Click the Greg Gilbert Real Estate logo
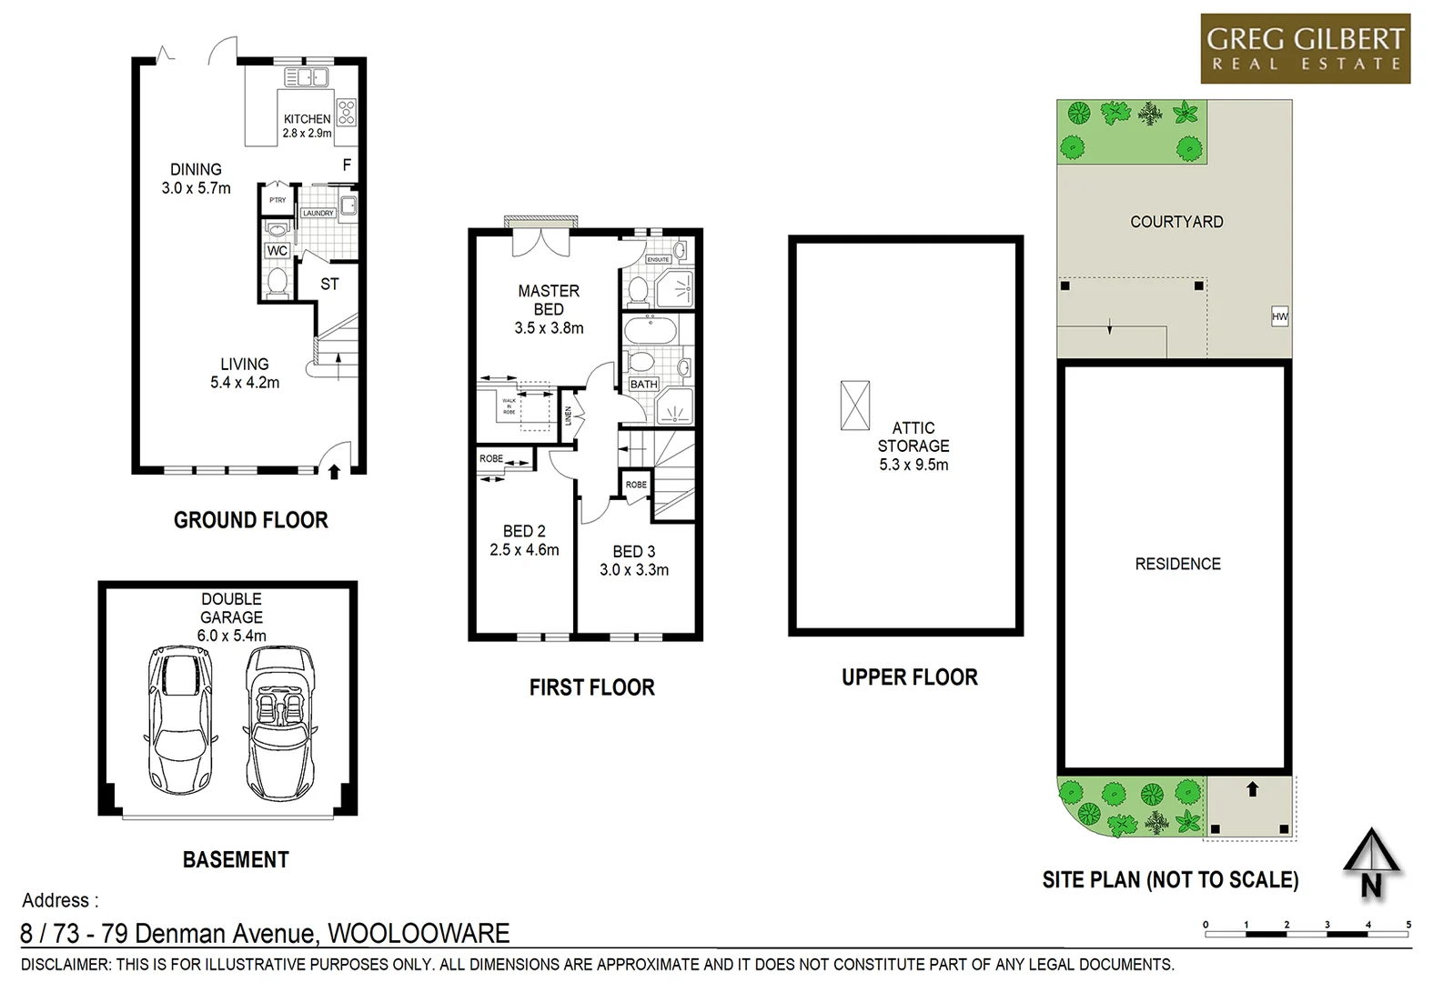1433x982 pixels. [x=1305, y=49]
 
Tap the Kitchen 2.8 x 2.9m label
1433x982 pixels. [x=307, y=125]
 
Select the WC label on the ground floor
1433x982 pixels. [x=278, y=251]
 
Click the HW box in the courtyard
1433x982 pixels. [x=1279, y=316]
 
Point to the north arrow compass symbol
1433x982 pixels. [x=1371, y=865]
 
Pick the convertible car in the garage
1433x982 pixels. [x=279, y=720]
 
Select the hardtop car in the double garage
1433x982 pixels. [x=182, y=720]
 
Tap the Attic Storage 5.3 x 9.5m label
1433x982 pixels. [x=913, y=446]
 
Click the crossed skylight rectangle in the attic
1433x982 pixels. [x=854, y=406]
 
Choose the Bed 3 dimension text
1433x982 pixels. [x=634, y=570]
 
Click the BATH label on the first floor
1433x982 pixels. [x=643, y=385]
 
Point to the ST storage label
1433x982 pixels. [x=329, y=285]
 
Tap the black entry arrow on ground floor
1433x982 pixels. [x=334, y=471]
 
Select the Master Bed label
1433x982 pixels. [x=549, y=300]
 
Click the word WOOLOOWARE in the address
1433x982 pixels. [x=419, y=934]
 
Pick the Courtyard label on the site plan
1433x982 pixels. [x=1176, y=222]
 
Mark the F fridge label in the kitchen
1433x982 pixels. [x=347, y=165]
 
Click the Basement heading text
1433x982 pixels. [x=236, y=859]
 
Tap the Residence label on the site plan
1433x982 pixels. [x=1177, y=564]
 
